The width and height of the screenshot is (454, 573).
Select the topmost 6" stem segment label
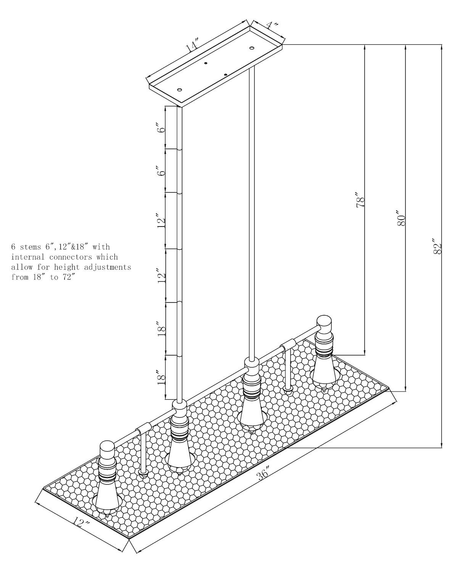[x=162, y=128]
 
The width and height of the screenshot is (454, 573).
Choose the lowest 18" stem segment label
[x=162, y=377]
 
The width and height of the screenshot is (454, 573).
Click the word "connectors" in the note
[x=71, y=257]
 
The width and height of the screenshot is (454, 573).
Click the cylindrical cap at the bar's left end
[x=107, y=450]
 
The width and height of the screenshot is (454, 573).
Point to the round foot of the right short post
[x=288, y=391]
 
